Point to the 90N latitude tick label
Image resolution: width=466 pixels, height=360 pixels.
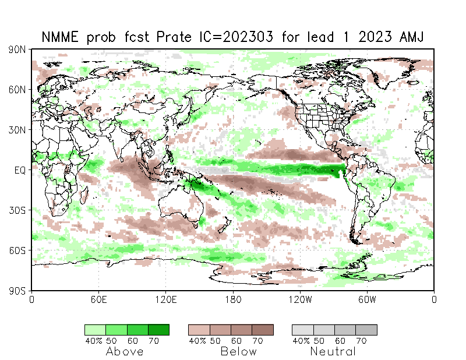pos(17,50)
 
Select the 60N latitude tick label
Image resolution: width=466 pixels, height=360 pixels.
pos(17,90)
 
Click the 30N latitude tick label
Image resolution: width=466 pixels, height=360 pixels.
pos(17,130)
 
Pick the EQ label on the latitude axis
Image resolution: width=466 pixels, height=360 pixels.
pos(19,170)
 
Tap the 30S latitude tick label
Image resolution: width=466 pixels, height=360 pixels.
pos(17,210)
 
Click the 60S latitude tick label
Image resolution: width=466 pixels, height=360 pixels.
pos(17,250)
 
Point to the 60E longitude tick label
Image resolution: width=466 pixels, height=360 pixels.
pos(98,300)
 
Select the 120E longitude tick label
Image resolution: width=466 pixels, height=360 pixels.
pos(166,300)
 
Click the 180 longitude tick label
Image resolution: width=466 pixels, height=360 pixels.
pos(233,300)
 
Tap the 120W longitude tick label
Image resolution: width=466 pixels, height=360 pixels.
pos(300,300)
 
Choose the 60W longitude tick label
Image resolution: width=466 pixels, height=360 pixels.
pos(367,300)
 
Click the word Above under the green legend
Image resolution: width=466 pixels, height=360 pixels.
pos(125,352)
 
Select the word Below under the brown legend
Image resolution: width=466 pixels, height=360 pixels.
pos(238,352)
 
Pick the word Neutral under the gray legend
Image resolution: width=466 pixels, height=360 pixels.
pos(333,352)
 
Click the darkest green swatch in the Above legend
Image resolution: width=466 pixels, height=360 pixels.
pos(158,330)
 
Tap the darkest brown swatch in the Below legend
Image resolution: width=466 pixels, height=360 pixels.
pos(263,330)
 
